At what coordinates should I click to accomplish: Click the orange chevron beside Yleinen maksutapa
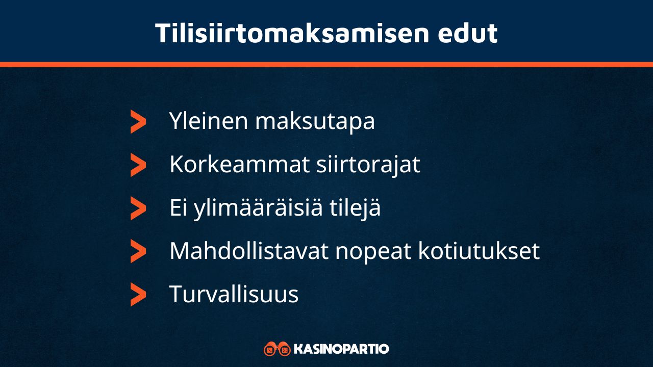[138, 122]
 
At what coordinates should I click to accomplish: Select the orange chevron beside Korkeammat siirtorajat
[138, 165]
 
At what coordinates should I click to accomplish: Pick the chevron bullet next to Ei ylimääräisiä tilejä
[138, 208]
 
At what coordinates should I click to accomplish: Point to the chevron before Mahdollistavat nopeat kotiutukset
[138, 251]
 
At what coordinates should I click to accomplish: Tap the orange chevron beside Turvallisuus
[138, 294]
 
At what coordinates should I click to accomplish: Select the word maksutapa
[315, 122]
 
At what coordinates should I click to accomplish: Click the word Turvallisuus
[234, 294]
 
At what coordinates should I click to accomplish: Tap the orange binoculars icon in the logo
[277, 349]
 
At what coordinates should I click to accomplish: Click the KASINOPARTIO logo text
[341, 349]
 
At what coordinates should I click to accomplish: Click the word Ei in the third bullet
[179, 208]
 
